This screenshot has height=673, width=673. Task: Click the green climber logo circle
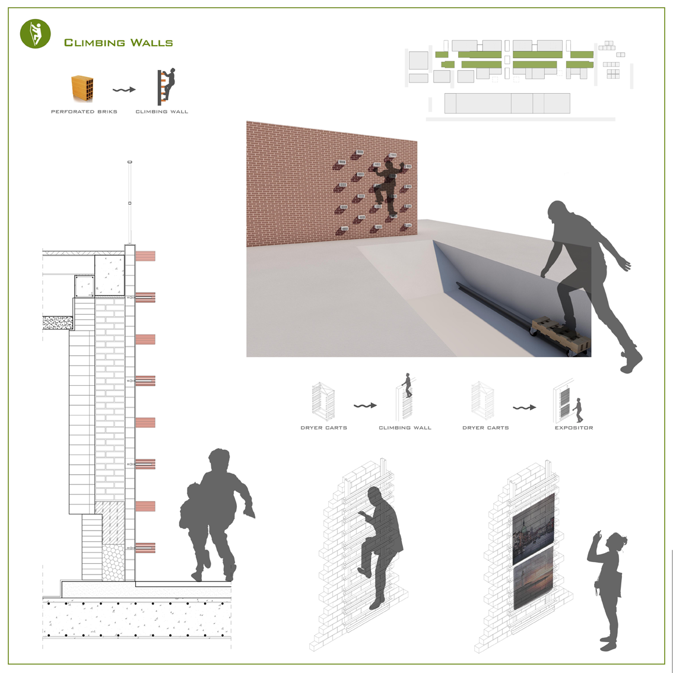(x=35, y=33)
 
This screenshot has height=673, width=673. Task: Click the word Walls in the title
(x=151, y=43)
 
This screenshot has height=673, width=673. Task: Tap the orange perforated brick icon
(x=82, y=88)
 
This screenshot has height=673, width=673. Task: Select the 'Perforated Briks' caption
(x=84, y=112)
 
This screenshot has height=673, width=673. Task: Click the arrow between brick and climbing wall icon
(x=124, y=90)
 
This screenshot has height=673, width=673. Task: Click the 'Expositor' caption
(x=574, y=428)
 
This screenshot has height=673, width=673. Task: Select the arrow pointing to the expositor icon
(x=525, y=407)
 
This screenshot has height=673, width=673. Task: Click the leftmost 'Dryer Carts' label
(x=323, y=428)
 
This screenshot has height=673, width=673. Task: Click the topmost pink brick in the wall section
(x=145, y=256)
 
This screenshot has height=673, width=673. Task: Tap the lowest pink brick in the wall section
(x=145, y=548)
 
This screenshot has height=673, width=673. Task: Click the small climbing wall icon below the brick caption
(x=166, y=86)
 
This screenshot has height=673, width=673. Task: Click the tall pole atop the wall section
(x=129, y=202)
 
